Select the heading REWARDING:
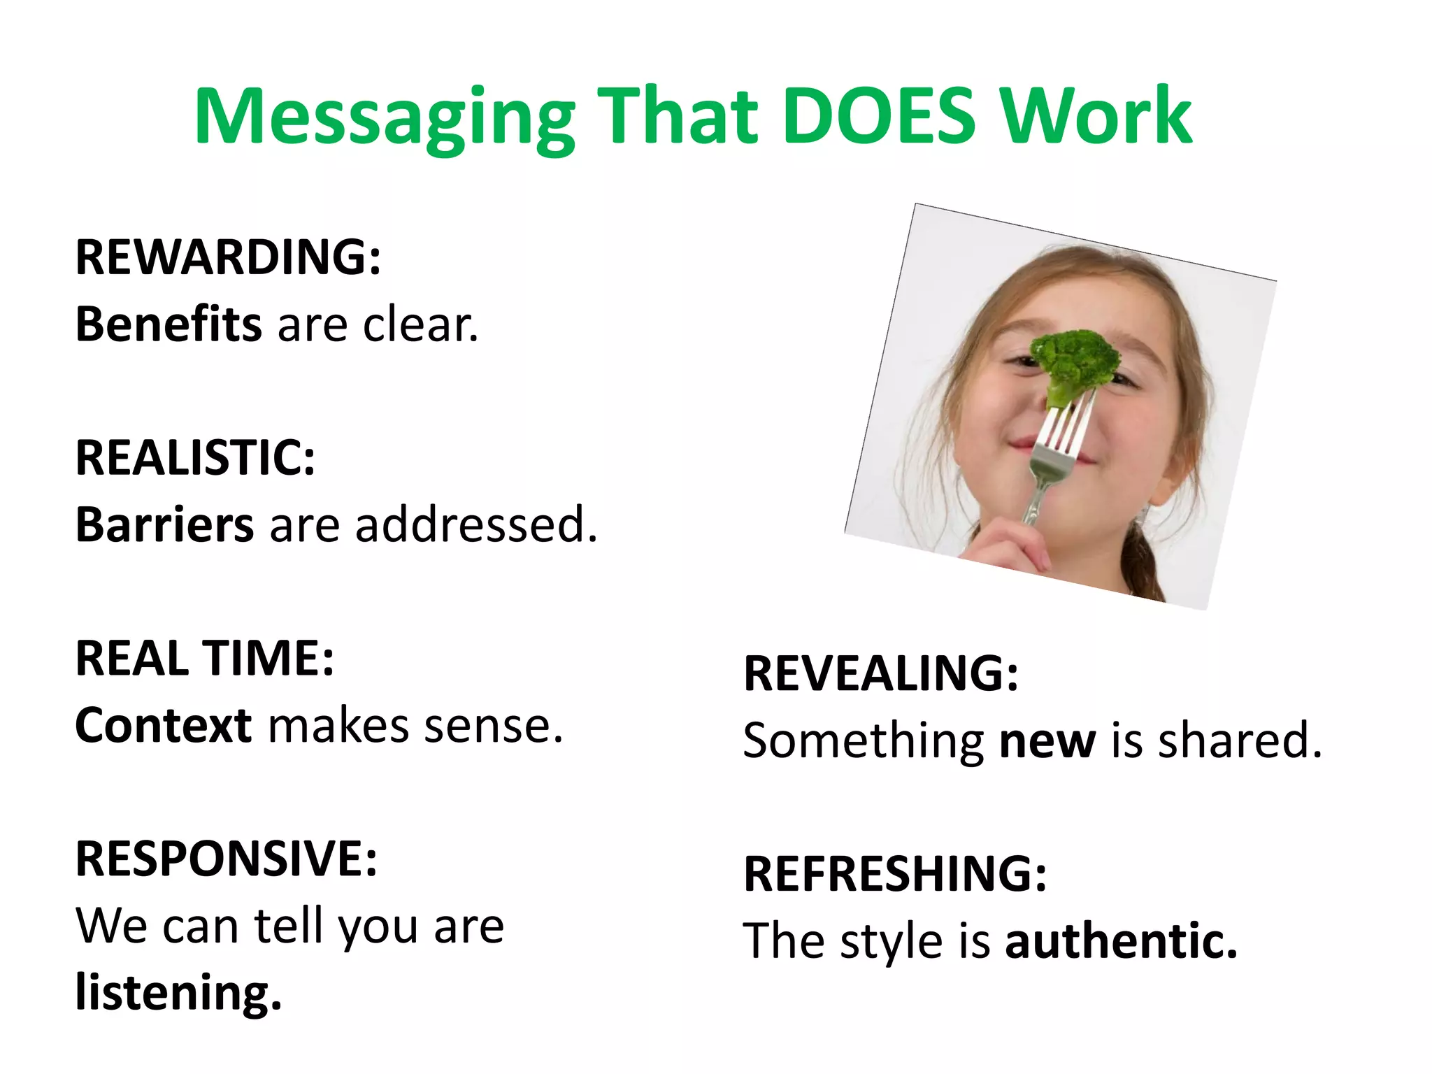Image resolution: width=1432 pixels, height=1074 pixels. [228, 257]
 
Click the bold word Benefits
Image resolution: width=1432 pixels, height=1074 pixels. [169, 324]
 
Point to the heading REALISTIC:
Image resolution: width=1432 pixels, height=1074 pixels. [195, 458]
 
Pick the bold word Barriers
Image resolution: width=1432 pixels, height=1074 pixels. [164, 525]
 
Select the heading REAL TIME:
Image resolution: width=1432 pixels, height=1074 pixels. [205, 659]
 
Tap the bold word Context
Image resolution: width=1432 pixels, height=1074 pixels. [163, 726]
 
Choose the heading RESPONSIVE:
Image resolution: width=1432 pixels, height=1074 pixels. [227, 859]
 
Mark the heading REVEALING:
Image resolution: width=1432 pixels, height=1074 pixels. [881, 673]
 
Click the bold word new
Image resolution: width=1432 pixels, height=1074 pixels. [1047, 740]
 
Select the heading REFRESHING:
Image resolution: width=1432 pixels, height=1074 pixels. [895, 874]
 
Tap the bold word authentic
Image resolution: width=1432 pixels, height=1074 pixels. [1121, 941]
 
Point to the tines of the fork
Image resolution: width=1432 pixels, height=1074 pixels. [1068, 427]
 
